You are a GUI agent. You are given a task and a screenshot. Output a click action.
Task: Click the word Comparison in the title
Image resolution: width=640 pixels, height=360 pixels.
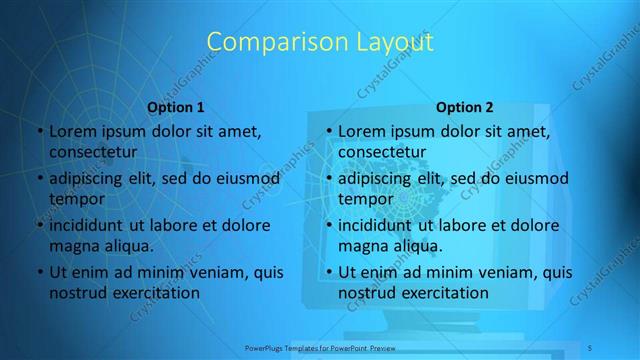pyautogui.click(x=266, y=42)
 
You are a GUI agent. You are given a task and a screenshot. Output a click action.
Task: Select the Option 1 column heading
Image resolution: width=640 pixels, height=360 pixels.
pyautogui.click(x=176, y=106)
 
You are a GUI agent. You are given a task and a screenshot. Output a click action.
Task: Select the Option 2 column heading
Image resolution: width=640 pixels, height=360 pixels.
pyautogui.click(x=465, y=106)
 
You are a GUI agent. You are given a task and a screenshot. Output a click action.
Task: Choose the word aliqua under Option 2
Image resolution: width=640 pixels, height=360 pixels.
pyautogui.click(x=413, y=246)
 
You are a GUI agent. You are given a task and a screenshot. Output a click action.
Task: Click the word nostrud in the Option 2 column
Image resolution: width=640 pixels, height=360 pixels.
pyautogui.click(x=366, y=293)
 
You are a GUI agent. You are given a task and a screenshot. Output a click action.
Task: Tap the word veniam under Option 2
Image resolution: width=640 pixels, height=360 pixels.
pyautogui.click(x=499, y=273)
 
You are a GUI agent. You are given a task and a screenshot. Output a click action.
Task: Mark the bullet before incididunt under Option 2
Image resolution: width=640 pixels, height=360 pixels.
pyautogui.click(x=328, y=226)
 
